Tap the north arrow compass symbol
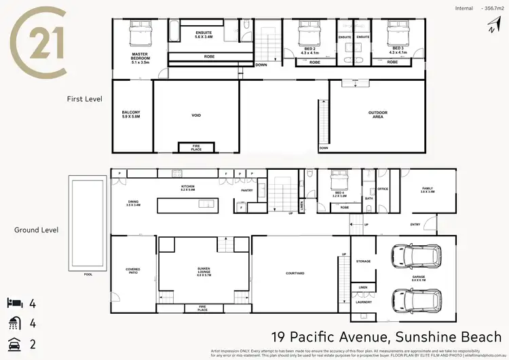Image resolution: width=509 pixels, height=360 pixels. click(490, 26)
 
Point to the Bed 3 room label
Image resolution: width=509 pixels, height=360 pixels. click(398, 50)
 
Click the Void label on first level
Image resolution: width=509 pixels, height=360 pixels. click(196, 115)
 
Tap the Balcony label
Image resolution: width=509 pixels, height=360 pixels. click(131, 114)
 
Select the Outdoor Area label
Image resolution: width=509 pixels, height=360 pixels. click(377, 115)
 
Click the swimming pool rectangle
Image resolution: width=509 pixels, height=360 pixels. click(87, 222)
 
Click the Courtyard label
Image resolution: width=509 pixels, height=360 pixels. click(294, 274)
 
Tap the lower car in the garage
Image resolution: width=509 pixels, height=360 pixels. click(414, 298)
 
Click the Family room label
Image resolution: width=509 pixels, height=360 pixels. click(427, 190)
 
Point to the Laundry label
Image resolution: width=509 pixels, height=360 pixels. click(363, 302)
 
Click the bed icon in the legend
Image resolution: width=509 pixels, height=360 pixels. click(16, 302)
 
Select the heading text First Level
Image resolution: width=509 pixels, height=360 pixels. click(84, 98)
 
